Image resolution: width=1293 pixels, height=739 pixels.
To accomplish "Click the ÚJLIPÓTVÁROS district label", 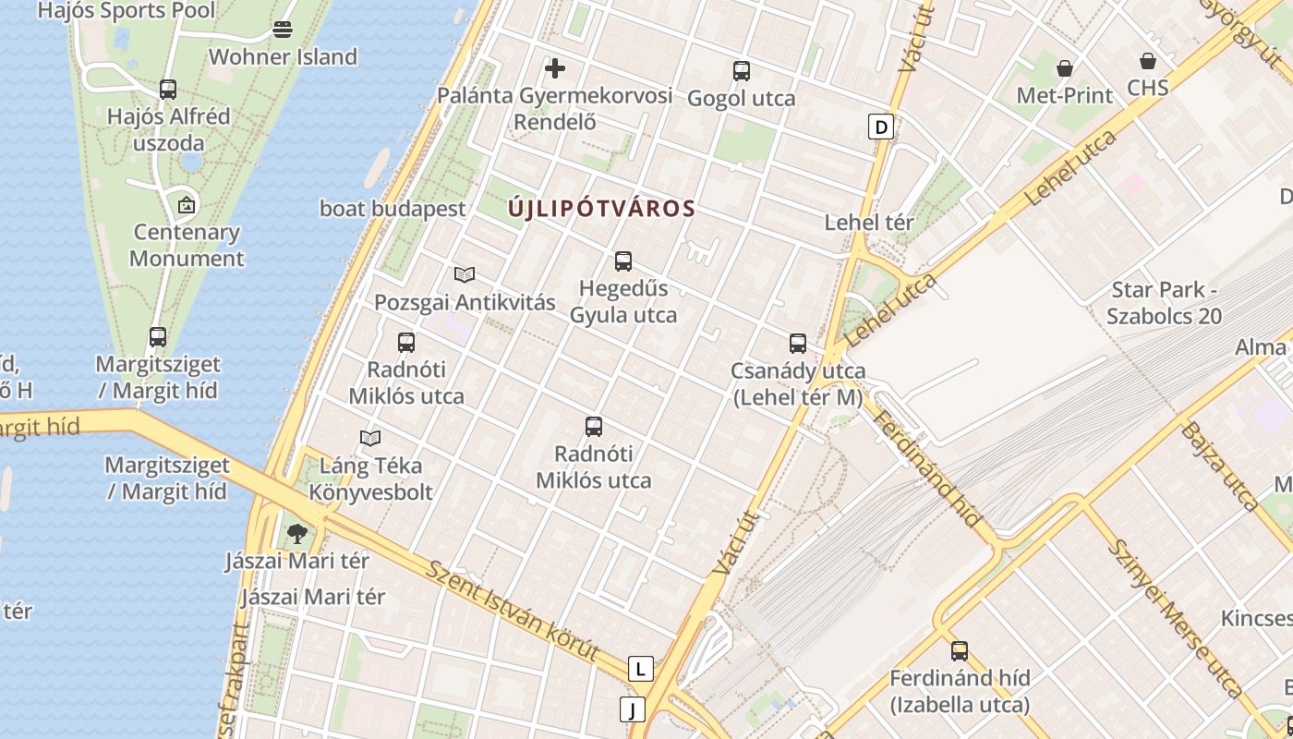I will click(x=601, y=209).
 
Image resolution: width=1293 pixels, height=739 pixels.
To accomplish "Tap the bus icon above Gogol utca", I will click(x=741, y=71).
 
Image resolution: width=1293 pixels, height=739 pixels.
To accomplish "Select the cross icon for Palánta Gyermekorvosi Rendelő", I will click(x=555, y=68).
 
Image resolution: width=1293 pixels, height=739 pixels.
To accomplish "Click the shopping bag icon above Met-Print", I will click(x=1065, y=68).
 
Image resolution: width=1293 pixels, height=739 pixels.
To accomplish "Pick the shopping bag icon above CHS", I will click(x=1148, y=62).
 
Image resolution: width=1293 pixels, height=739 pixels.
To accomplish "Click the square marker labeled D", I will click(x=882, y=127).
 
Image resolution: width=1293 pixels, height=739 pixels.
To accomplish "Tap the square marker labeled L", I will click(x=640, y=669).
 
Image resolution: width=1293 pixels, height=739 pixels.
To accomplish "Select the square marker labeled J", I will click(x=633, y=709).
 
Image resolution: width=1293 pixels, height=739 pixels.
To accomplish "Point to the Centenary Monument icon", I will click(x=187, y=205).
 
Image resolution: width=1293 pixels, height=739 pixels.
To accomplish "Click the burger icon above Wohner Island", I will click(x=283, y=30).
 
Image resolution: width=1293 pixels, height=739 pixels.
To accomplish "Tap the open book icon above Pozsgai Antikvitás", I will click(x=465, y=275).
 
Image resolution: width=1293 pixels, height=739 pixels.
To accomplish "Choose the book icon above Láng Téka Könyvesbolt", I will click(x=370, y=438).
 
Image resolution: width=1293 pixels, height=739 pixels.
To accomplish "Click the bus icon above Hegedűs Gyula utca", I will click(x=623, y=261).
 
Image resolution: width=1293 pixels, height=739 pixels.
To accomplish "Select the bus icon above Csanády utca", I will click(x=798, y=344).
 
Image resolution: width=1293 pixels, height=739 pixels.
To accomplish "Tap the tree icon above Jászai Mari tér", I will click(x=296, y=534).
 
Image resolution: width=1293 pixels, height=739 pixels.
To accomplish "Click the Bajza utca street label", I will click(x=1220, y=466).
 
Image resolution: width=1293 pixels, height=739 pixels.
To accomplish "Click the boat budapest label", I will click(x=393, y=209).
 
